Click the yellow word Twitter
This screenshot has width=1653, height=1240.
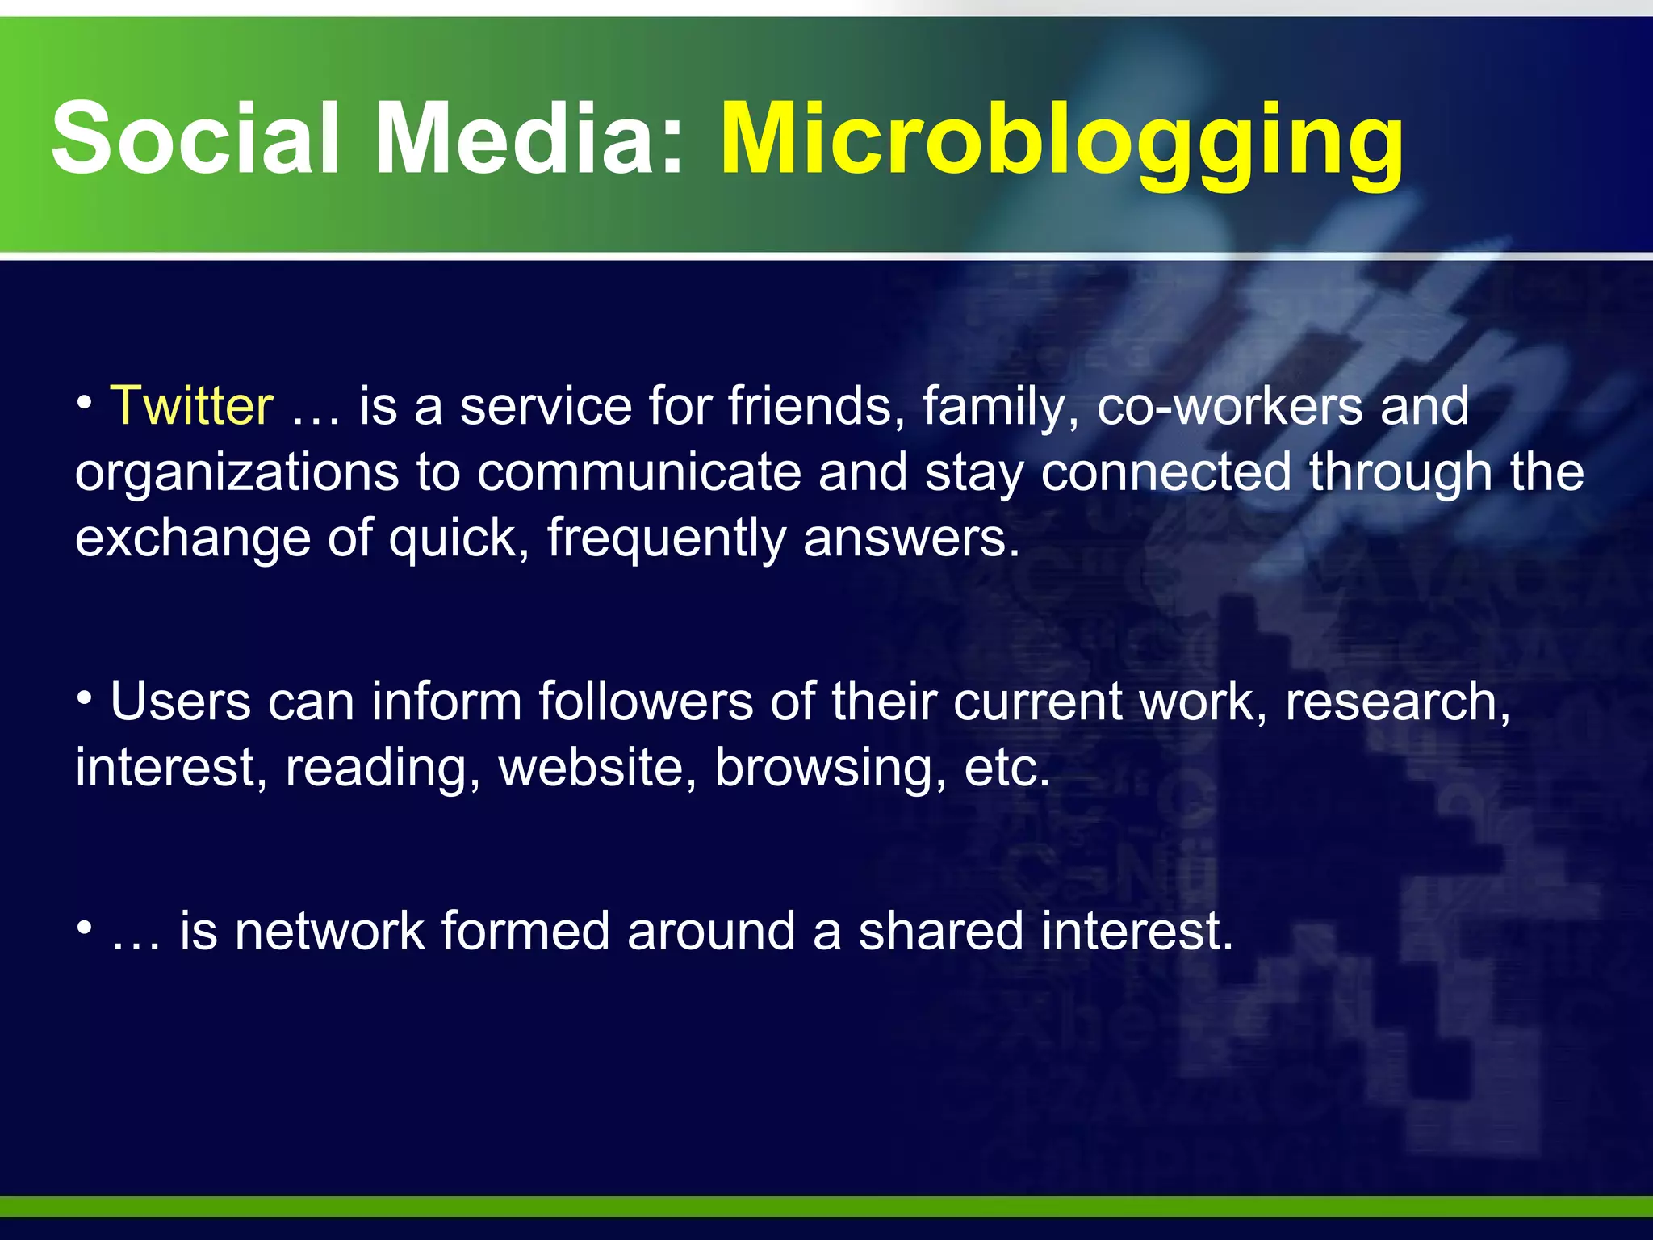click(x=192, y=405)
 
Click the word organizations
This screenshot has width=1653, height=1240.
click(x=236, y=473)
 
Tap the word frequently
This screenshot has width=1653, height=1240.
click(x=666, y=538)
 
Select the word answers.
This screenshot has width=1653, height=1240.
click(x=911, y=538)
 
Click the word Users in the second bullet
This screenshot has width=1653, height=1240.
click(x=180, y=701)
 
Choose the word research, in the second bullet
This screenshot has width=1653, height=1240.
click(x=1397, y=701)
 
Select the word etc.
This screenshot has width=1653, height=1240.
click(x=1006, y=767)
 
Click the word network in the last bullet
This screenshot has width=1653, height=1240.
click(x=330, y=931)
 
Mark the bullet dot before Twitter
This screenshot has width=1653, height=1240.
click(x=85, y=401)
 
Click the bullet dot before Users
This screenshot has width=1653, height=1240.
click(x=85, y=697)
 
